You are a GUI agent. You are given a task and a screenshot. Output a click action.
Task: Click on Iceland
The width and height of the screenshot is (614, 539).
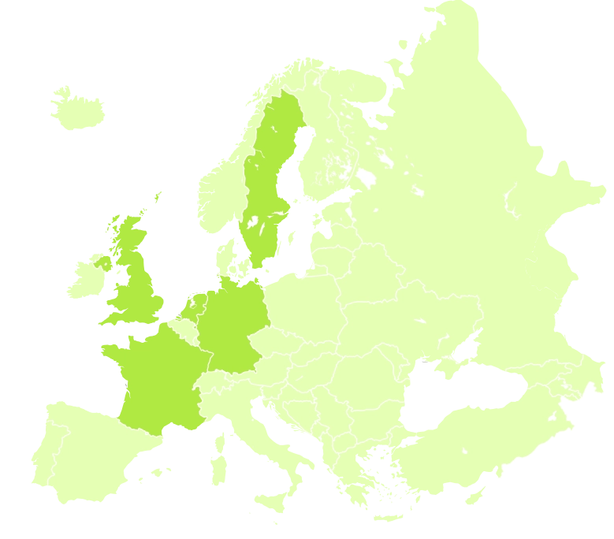79,107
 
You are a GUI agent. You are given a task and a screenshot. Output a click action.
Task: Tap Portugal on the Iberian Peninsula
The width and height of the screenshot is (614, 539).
37,457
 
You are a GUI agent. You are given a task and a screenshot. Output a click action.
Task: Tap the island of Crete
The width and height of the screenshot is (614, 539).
386,518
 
